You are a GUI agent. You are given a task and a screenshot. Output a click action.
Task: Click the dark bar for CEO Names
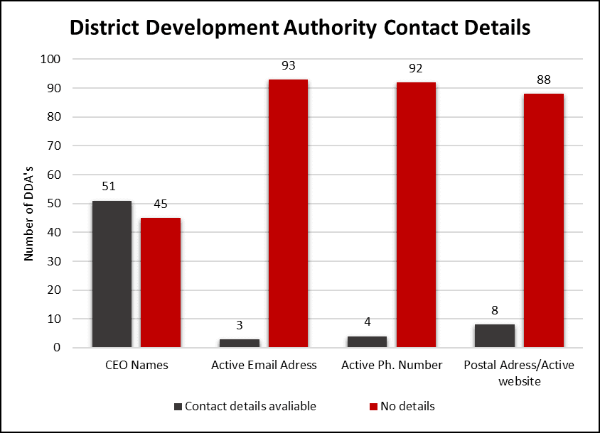coord(111,274)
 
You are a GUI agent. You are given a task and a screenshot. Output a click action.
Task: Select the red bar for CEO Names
coord(160,283)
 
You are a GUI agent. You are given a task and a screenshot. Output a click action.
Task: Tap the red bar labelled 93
coord(288,213)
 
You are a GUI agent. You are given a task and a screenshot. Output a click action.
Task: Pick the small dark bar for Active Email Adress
coord(239,344)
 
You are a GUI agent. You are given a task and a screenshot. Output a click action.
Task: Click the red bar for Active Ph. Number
coord(416,214)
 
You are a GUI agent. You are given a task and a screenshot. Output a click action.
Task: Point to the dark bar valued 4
coord(367,342)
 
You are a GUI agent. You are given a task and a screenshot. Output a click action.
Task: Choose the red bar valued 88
coord(544,220)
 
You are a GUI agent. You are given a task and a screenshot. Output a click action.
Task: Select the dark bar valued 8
coord(495,336)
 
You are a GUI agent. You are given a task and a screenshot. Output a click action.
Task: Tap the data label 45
coord(160,204)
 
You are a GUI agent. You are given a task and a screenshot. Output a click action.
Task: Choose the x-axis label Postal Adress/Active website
coord(518,373)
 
